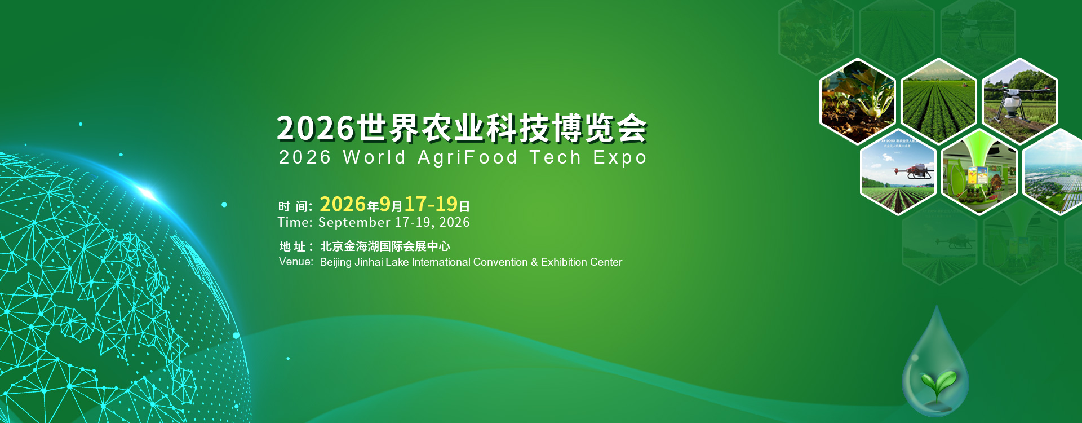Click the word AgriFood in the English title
pyautogui.click(x=467, y=157)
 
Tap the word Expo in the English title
pyautogui.click(x=620, y=157)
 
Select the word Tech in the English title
pyautogui.click(x=555, y=157)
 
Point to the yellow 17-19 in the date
pyautogui.click(x=431, y=204)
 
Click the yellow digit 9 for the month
pyautogui.click(x=385, y=204)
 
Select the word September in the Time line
pyautogui.click(x=354, y=222)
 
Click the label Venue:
pyautogui.click(x=296, y=261)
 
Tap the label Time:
pyautogui.click(x=295, y=222)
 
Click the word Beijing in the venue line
pyautogui.click(x=336, y=262)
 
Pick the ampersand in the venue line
pyautogui.click(x=534, y=262)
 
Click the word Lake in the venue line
pyautogui.click(x=397, y=262)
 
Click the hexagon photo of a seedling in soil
pyautogui.click(x=858, y=102)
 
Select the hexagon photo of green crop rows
pyautogui.click(x=938, y=102)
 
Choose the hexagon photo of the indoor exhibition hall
pyautogui.click(x=979, y=172)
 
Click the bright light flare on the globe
pyautogui.click(x=148, y=193)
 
